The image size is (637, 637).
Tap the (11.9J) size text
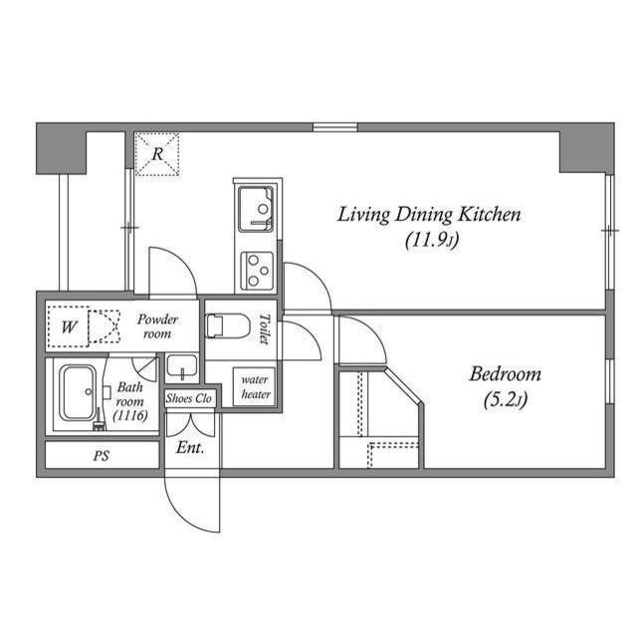coord(431,240)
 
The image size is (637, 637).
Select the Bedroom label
coord(505,374)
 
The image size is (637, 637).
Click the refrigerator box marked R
coord(156,154)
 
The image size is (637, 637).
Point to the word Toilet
coord(264,329)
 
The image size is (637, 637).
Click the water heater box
coord(255,386)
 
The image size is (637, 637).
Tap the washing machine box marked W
coord(70,326)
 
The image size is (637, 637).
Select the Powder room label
coord(157,326)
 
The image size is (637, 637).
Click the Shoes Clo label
coord(189,398)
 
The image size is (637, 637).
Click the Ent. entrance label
coord(190,448)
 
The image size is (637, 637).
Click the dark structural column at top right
coord(586,148)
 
